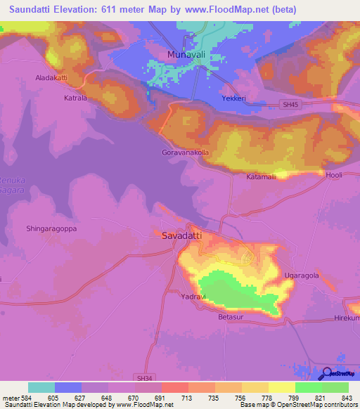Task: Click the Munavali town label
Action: pos(184,54)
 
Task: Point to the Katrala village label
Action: pos(75,99)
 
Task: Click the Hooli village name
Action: pos(333,175)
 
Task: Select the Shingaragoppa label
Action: pos(51,229)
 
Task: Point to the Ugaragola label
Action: pos(302,275)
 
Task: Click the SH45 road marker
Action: pos(283,104)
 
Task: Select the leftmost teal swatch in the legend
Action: pos(41,387)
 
